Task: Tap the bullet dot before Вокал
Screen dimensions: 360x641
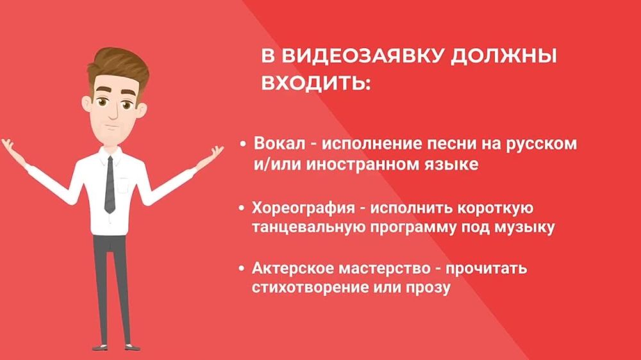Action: [x=243, y=144]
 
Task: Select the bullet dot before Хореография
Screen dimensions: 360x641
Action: [x=241, y=209]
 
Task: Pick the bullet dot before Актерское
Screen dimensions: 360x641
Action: [x=241, y=268]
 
